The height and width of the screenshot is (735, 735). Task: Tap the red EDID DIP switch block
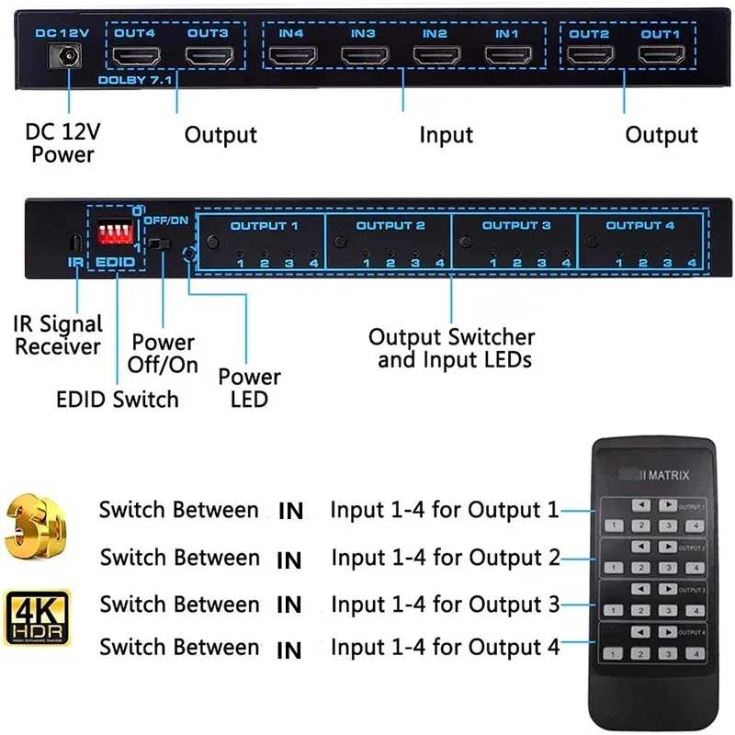tap(114, 234)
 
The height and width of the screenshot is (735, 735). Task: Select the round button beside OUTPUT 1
tap(213, 243)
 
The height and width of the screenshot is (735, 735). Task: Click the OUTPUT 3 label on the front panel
tap(515, 226)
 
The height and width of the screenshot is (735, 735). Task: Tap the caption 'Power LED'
tap(249, 388)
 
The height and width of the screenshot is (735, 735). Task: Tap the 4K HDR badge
tap(38, 618)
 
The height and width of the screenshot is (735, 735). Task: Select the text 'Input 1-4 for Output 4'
tap(445, 648)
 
